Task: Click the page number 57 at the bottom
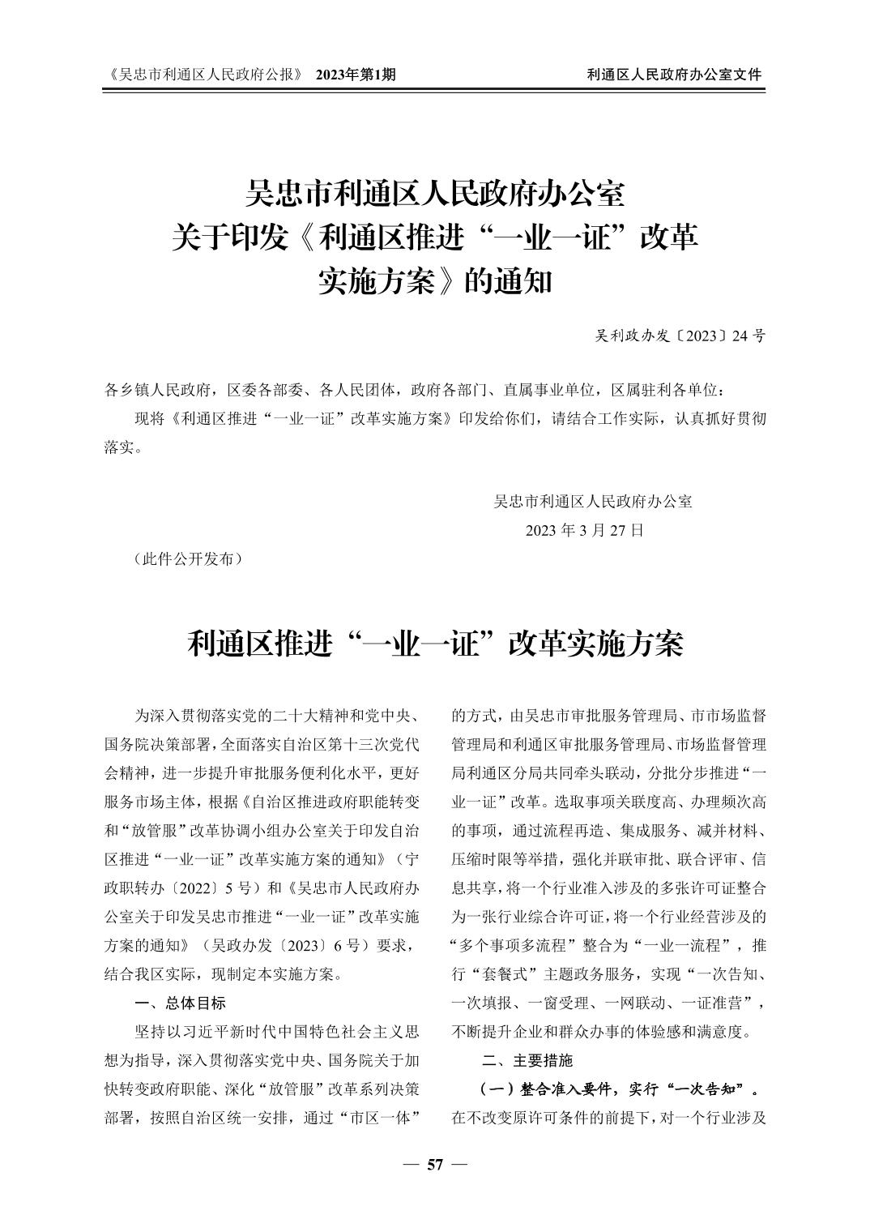(435, 1165)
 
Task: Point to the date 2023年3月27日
(585, 530)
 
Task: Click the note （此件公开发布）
(187, 558)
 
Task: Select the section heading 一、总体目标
(181, 1003)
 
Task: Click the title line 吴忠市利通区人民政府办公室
(435, 195)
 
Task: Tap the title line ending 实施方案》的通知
(435, 281)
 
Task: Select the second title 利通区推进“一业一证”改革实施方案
(435, 644)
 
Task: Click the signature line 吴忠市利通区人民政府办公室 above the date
(593, 501)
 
